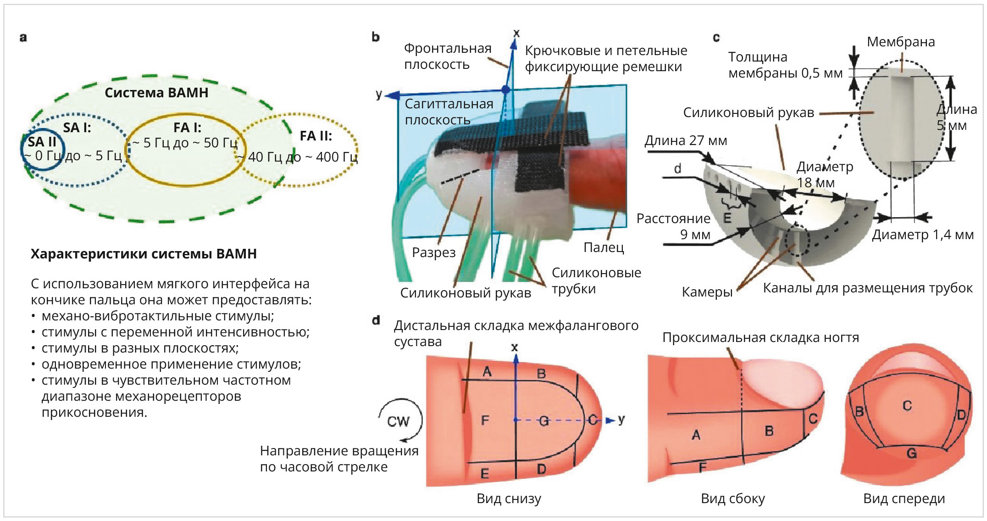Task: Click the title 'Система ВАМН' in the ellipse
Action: [156, 93]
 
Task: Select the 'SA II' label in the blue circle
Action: [42, 142]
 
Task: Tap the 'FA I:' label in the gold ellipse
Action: [187, 128]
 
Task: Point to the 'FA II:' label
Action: [316, 136]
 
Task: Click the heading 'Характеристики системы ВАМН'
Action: [144, 254]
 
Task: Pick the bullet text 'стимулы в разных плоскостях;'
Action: [140, 348]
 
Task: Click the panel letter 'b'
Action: [376, 37]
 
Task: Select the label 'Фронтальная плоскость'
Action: [447, 56]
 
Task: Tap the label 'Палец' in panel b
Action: [604, 247]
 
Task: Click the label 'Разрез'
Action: [433, 252]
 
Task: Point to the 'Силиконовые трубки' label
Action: [596, 280]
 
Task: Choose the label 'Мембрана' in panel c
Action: [900, 42]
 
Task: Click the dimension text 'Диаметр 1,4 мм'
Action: [922, 235]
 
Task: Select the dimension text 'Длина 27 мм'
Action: [686, 140]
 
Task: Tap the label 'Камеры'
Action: [707, 292]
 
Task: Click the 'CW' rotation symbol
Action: [398, 421]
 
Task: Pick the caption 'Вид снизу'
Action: [509, 498]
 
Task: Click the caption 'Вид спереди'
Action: [904, 498]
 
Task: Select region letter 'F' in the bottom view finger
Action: [485, 420]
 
